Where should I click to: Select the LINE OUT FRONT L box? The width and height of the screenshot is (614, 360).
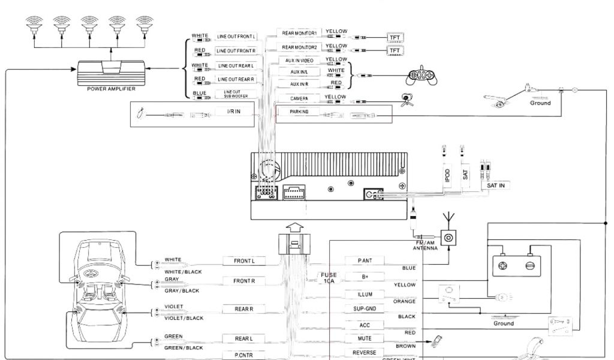click(236, 37)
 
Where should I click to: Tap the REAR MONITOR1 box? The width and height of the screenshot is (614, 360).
click(300, 32)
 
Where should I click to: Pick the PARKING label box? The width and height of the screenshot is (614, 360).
click(299, 112)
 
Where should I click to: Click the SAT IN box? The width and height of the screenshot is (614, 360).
click(495, 185)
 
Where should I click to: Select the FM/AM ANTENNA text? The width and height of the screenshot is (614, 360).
click(425, 245)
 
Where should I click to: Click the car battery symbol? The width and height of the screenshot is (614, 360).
click(516, 263)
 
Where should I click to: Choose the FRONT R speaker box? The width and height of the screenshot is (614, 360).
click(245, 281)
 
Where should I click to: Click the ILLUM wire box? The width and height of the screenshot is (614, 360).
click(365, 295)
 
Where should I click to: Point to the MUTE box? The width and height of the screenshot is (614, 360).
click(365, 339)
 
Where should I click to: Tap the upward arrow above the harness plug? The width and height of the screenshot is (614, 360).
click(294, 227)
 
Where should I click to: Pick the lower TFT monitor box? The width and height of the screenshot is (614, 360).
click(395, 50)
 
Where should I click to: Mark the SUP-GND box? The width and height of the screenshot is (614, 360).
click(365, 309)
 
